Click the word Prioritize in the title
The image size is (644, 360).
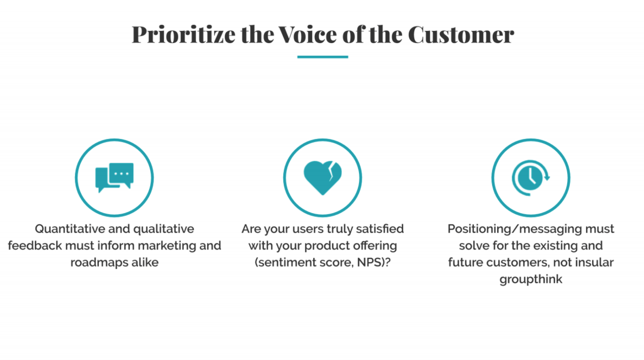(183, 34)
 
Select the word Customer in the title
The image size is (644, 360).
(461, 34)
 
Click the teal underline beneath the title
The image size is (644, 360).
(323, 57)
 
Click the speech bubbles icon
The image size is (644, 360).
(114, 177)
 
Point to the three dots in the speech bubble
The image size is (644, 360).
(121, 173)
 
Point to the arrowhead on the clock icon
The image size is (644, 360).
(547, 177)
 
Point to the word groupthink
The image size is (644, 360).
(531, 279)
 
